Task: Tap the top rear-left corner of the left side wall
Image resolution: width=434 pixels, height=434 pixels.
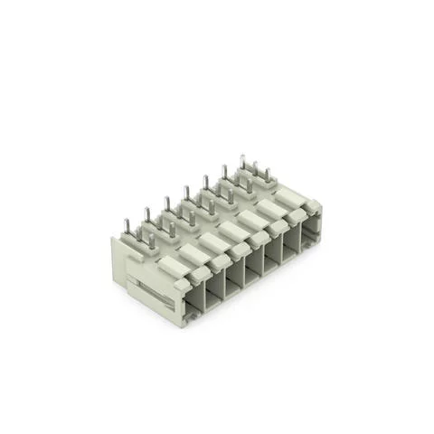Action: (113, 239)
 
